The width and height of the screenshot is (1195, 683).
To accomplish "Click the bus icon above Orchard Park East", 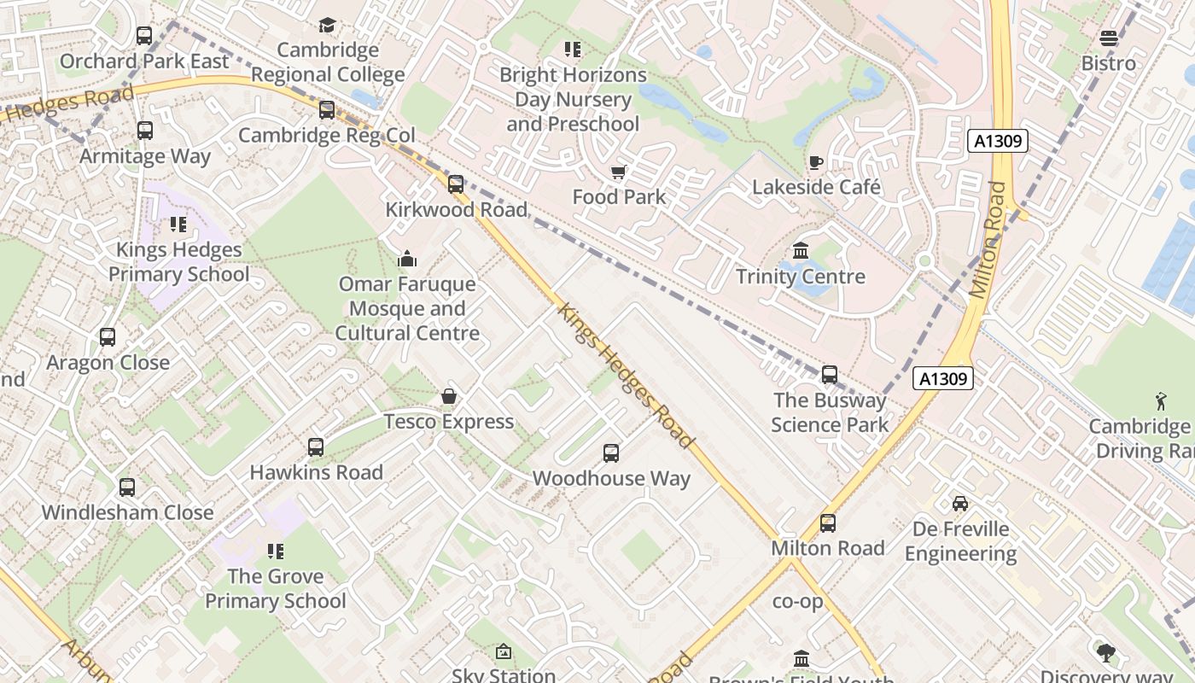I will (x=144, y=36).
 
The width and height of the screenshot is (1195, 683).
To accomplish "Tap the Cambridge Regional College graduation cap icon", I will (x=327, y=25).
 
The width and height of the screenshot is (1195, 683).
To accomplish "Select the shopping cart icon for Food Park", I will (x=619, y=172).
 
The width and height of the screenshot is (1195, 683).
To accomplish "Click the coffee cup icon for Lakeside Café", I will (x=815, y=162).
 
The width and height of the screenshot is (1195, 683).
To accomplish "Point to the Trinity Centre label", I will (x=800, y=277).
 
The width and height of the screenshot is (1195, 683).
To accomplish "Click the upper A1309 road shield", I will (x=997, y=141).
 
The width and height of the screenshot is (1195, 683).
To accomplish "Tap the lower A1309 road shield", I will (x=942, y=378).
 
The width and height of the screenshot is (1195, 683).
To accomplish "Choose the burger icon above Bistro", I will (x=1108, y=38).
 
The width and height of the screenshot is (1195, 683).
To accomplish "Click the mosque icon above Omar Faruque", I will (x=407, y=259).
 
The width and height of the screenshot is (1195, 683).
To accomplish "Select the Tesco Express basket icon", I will (x=448, y=396).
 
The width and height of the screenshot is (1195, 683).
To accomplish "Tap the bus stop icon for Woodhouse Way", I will (x=610, y=453).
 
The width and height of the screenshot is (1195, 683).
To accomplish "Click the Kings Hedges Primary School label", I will (x=179, y=262).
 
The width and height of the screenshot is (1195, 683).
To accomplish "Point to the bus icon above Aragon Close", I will (x=108, y=337).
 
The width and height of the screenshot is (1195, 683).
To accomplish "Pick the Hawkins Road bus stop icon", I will (x=315, y=447).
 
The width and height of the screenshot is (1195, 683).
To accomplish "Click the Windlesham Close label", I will (x=127, y=512).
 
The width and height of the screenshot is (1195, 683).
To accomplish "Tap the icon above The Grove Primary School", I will (x=275, y=552).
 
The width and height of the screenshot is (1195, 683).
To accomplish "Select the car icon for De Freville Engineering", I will (x=960, y=504).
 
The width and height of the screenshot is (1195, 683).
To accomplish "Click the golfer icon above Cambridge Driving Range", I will (x=1160, y=401).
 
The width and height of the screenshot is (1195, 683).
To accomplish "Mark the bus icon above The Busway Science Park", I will (x=829, y=375).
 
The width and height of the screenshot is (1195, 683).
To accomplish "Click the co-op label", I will (x=797, y=602).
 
